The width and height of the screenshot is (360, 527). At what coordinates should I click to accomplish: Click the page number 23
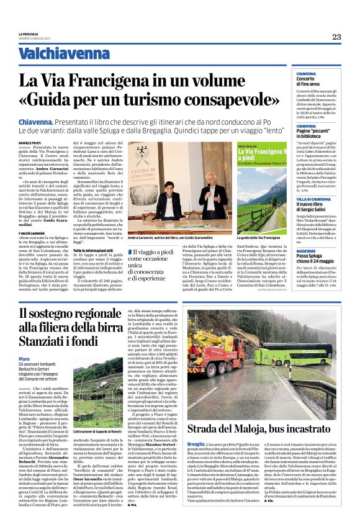tap(336, 37)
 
